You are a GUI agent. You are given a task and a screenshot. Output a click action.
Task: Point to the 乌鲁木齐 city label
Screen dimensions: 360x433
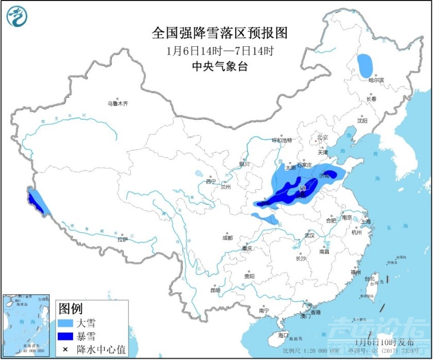point(117,103)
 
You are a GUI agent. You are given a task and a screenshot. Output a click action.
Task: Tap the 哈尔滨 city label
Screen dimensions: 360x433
point(376,80)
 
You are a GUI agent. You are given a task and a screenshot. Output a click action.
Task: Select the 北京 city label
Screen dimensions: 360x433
point(323,137)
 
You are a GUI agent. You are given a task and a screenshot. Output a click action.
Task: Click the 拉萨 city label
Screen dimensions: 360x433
point(122,239)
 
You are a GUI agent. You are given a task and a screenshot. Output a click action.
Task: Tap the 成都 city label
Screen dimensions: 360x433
point(227,238)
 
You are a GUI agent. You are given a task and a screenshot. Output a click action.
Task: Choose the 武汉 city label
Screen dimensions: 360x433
point(309,235)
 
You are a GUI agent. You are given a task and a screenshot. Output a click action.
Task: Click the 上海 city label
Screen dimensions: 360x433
point(367,222)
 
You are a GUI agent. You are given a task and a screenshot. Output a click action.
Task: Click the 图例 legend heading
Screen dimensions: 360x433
point(70,309)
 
